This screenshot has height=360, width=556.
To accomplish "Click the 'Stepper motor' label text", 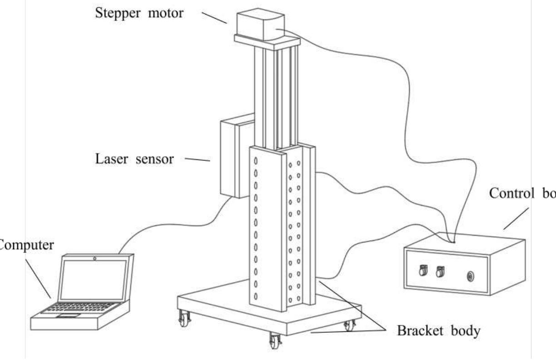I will coord(139,12).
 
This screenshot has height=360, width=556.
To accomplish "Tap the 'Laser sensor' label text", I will coord(134,159).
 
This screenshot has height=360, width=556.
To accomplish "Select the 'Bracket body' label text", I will coord(438,331).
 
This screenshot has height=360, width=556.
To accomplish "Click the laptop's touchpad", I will coord(69,315).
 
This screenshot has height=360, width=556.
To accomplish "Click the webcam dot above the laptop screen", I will coord(94,259).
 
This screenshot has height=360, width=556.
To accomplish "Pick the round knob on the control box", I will coord(471,276).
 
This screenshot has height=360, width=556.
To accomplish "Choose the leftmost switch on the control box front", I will coord(422,271).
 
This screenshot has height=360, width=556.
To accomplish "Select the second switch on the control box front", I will coord(439,272).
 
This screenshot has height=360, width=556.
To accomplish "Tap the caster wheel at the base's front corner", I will coord(274,340).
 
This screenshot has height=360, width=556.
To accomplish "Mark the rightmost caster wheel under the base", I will coord(349,325).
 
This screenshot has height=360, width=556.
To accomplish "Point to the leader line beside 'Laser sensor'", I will coord(197,159).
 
